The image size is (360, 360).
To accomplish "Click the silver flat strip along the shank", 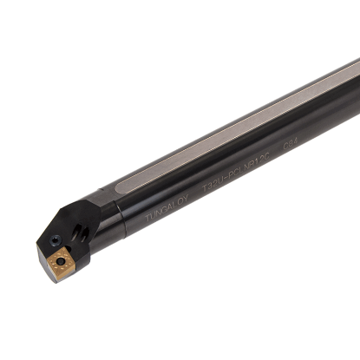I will point(252,130).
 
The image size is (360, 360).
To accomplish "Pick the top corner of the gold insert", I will point(61,244).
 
